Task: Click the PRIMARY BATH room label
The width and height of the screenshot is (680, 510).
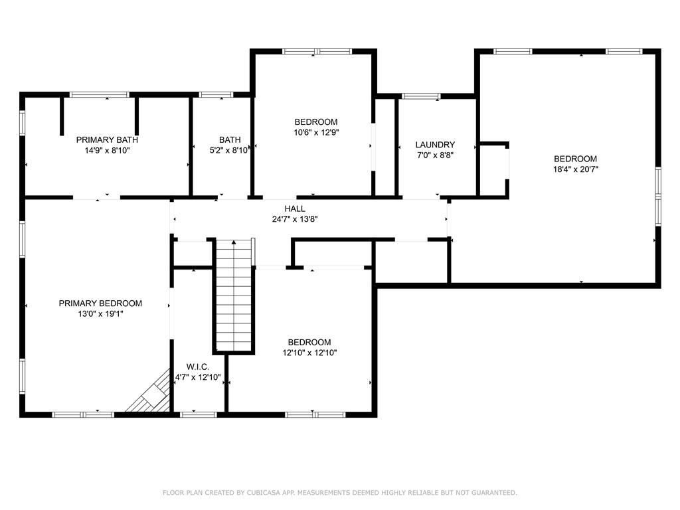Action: pos(107,140)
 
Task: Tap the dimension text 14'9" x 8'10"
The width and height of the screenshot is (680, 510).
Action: pos(107,151)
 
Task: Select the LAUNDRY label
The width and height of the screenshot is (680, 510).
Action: pos(435,145)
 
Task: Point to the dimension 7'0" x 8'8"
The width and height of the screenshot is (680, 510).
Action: pos(435,155)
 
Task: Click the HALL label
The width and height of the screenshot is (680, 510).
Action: pos(295,209)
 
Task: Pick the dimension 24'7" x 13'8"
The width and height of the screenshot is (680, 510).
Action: pos(295,219)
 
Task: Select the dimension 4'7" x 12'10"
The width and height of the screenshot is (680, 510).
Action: pos(198,377)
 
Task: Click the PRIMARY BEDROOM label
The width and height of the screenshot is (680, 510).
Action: pos(100,303)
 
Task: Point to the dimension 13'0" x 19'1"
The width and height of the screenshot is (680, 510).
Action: pos(100,314)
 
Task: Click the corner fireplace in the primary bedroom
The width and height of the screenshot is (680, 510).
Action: pos(151,396)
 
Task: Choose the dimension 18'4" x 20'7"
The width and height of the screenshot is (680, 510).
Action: pos(575,169)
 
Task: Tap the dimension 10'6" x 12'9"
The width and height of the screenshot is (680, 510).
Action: pos(316,133)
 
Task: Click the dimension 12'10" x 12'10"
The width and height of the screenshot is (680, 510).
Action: pos(309,353)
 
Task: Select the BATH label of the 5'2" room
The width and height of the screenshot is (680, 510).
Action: pos(230,140)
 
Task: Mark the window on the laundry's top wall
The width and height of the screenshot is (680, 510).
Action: pos(421,96)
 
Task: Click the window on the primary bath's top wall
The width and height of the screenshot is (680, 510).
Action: pos(100,95)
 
